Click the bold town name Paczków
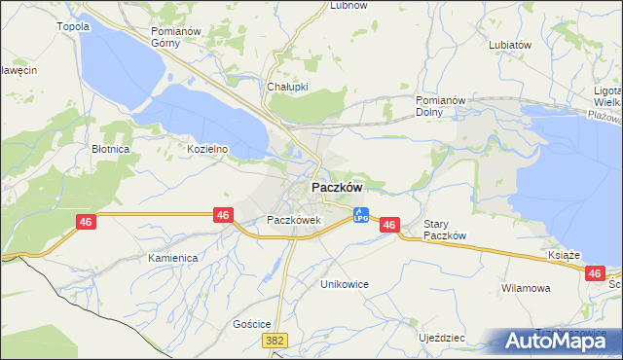(337, 187)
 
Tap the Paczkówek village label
(294, 221)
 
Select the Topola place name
(74, 26)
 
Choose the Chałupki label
(287, 87)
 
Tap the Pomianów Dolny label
(442, 106)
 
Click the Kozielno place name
(207, 149)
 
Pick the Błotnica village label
(111, 150)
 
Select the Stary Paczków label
(446, 231)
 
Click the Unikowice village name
(345, 284)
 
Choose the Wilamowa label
(526, 289)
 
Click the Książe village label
(564, 255)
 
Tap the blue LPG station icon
(360, 214)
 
